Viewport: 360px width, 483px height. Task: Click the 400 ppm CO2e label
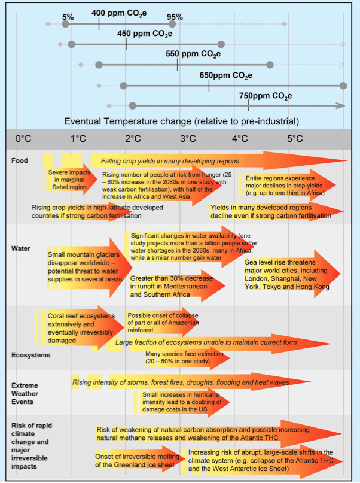click(120, 13)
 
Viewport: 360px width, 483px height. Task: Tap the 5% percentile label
click(67, 17)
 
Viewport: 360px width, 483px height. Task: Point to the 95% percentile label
click(175, 17)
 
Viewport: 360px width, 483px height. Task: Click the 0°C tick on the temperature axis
click(23, 139)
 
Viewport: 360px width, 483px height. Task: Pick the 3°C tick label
click(187, 139)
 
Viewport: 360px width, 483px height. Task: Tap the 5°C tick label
click(295, 139)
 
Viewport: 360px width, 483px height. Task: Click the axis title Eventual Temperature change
click(182, 121)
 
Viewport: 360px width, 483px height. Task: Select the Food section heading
click(19, 160)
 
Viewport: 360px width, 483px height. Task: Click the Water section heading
click(21, 247)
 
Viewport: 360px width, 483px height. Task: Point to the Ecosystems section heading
click(30, 355)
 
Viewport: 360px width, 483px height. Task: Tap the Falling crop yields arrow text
click(170, 161)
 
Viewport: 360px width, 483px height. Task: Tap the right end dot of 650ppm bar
click(343, 86)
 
